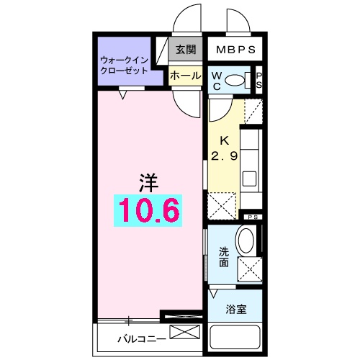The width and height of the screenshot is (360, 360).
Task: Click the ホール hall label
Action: [x=185, y=74]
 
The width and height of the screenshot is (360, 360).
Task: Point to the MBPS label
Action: [x=235, y=52]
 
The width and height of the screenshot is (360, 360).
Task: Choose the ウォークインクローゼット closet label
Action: [x=124, y=66]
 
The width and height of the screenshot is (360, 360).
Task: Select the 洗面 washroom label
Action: [x=223, y=257]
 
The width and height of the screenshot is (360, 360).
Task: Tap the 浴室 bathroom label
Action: [x=235, y=310]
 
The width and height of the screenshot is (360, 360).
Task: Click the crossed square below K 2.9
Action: [x=222, y=205]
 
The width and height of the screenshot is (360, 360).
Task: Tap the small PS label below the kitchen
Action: [x=252, y=217]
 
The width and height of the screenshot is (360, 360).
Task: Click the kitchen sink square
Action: [x=251, y=179]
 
